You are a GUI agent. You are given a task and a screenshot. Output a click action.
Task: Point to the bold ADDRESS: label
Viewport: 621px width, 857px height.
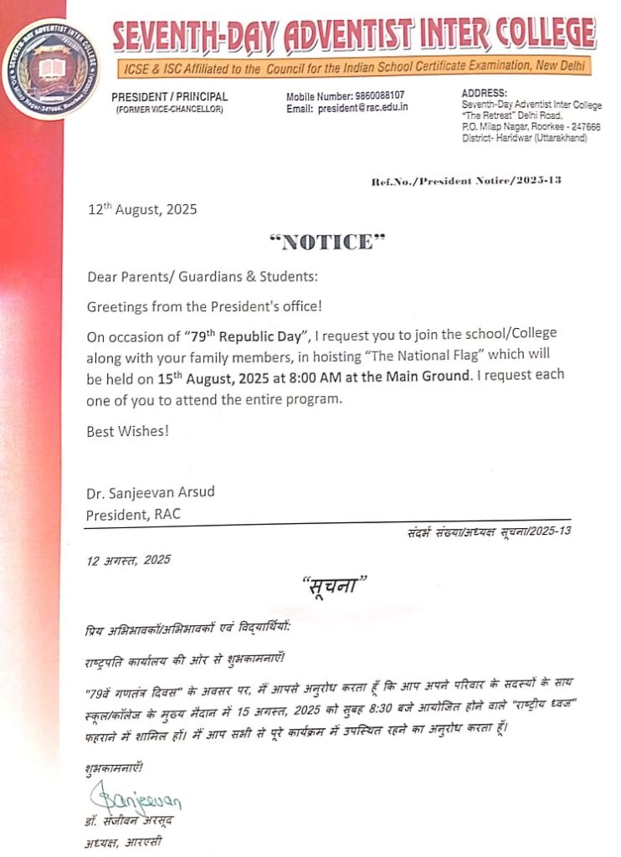[x=485, y=92]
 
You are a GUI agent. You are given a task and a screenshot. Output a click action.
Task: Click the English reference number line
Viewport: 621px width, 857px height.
[x=465, y=181]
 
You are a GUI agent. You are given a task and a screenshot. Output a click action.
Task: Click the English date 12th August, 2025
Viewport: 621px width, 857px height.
[x=143, y=209]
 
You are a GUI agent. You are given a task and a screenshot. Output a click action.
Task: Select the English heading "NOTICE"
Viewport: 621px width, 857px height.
[x=328, y=243]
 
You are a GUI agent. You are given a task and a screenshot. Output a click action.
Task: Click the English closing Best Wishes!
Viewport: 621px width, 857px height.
[x=128, y=432]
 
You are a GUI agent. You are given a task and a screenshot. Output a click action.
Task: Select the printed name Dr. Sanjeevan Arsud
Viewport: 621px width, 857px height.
[x=150, y=491]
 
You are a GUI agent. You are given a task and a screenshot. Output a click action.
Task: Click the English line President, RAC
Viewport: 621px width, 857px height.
[x=133, y=514]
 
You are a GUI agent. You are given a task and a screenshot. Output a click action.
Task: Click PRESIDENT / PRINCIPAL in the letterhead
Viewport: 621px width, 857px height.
[x=169, y=97]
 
